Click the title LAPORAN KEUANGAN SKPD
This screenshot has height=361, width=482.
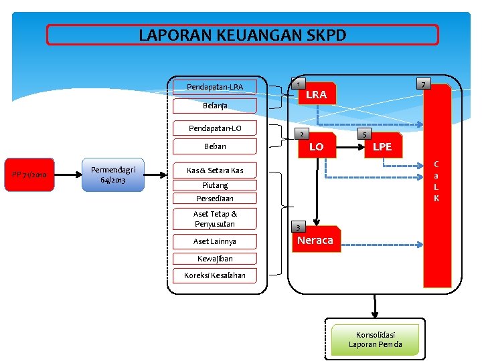(x=242, y=35)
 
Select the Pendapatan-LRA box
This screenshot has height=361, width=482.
(x=215, y=87)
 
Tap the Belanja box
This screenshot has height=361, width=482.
(x=215, y=106)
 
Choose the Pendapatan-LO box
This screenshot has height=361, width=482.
(x=215, y=128)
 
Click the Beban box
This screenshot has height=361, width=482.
(x=215, y=146)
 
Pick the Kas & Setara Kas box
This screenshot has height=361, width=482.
(x=215, y=170)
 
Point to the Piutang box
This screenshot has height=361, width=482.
(x=215, y=185)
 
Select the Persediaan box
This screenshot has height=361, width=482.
(x=215, y=199)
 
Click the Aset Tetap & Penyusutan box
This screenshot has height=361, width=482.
(x=215, y=219)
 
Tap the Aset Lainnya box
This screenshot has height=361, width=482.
(x=215, y=241)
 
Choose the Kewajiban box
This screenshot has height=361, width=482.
(x=215, y=259)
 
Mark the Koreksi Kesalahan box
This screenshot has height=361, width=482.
(x=215, y=275)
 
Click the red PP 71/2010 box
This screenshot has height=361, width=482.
(x=29, y=175)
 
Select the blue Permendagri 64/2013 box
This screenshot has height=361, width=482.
(x=112, y=175)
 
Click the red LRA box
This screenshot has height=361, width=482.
(x=316, y=95)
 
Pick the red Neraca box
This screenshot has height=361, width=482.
(x=315, y=241)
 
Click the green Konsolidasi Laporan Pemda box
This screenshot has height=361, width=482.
(x=375, y=340)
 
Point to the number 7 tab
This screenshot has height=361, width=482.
(x=423, y=84)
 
